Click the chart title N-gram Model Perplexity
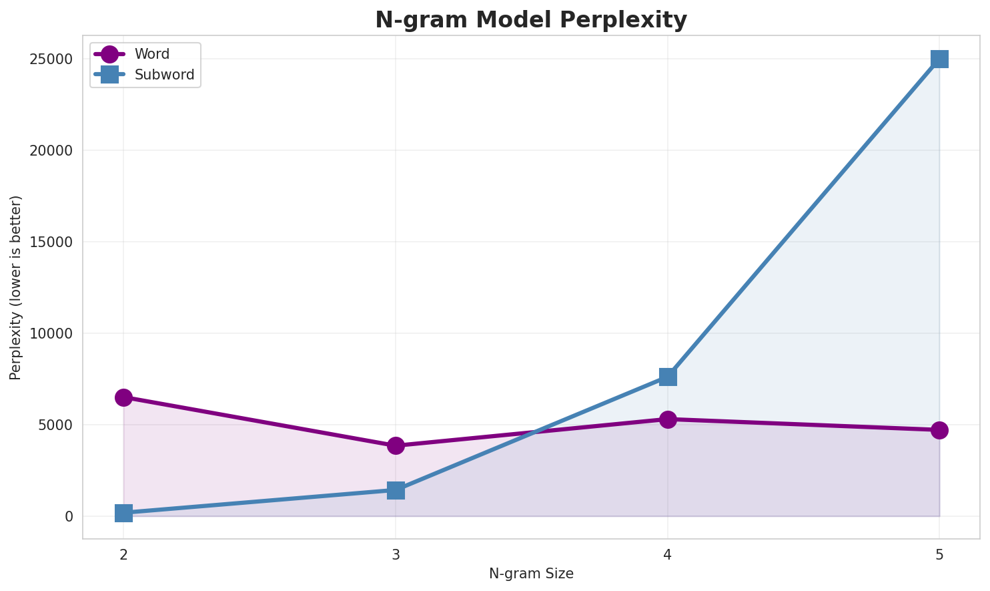pos(530,20)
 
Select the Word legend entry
pos(151,54)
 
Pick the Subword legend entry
pos(164,75)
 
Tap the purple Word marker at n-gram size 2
pos(123,397)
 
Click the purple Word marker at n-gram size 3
pos(396,445)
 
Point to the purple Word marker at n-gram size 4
pos(668,419)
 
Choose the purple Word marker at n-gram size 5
pos(939,430)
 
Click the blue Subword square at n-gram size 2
pos(123,513)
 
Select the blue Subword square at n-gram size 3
pos(396,490)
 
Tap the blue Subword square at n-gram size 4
pos(668,377)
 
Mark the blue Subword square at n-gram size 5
pos(939,59)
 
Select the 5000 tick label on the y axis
pos(57,425)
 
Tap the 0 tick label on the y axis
pos(69,517)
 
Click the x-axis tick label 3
pos(396,554)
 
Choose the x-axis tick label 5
pos(939,554)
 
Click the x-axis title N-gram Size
pos(531,574)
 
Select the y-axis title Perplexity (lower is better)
pos(16,287)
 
